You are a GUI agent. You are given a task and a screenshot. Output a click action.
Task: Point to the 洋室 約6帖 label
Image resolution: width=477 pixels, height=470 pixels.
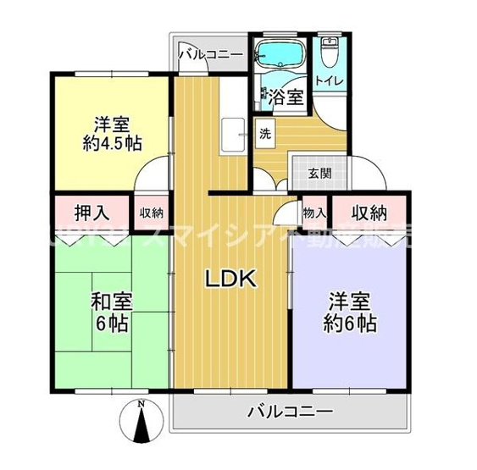click(x=349, y=312)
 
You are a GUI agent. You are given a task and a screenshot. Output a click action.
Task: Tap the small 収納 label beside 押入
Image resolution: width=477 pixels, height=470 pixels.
click(x=152, y=213)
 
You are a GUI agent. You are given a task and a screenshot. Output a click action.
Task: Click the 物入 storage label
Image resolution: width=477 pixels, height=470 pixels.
click(x=312, y=212)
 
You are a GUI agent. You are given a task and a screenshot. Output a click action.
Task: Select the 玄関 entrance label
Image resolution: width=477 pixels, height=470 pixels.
click(x=319, y=174)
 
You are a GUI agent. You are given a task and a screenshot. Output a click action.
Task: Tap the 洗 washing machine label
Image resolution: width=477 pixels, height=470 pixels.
click(x=266, y=133)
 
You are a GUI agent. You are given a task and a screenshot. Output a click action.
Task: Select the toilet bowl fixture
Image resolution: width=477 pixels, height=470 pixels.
click(x=330, y=58)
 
